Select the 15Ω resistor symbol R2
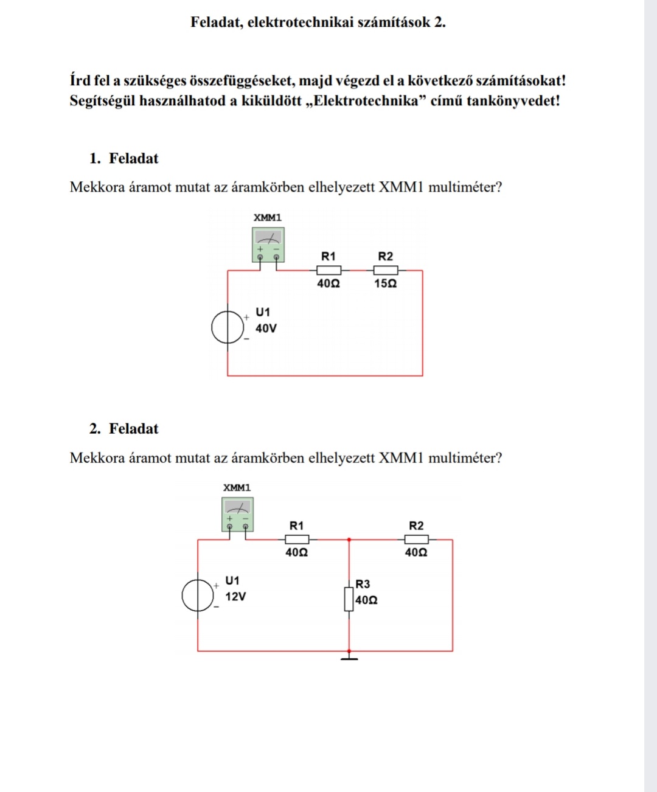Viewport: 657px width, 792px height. pyautogui.click(x=386, y=270)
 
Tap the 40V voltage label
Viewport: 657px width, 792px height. pyautogui.click(x=266, y=328)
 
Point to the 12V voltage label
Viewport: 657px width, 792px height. pyautogui.click(x=235, y=597)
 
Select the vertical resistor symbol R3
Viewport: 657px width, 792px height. pyautogui.click(x=349, y=599)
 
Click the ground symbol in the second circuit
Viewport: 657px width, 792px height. pyautogui.click(x=349, y=656)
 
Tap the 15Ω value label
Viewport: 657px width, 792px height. pyautogui.click(x=386, y=283)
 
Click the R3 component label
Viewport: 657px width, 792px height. pyautogui.click(x=363, y=584)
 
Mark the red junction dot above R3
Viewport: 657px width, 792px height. pyautogui.click(x=349, y=540)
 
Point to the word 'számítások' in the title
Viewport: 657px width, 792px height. pyautogui.click(x=394, y=23)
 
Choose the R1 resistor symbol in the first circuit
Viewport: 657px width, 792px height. pyautogui.click(x=328, y=270)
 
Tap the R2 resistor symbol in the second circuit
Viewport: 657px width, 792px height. pyautogui.click(x=417, y=539)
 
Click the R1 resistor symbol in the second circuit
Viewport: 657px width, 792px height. pyautogui.click(x=297, y=539)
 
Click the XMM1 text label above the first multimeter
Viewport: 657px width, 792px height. pyautogui.click(x=268, y=218)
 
